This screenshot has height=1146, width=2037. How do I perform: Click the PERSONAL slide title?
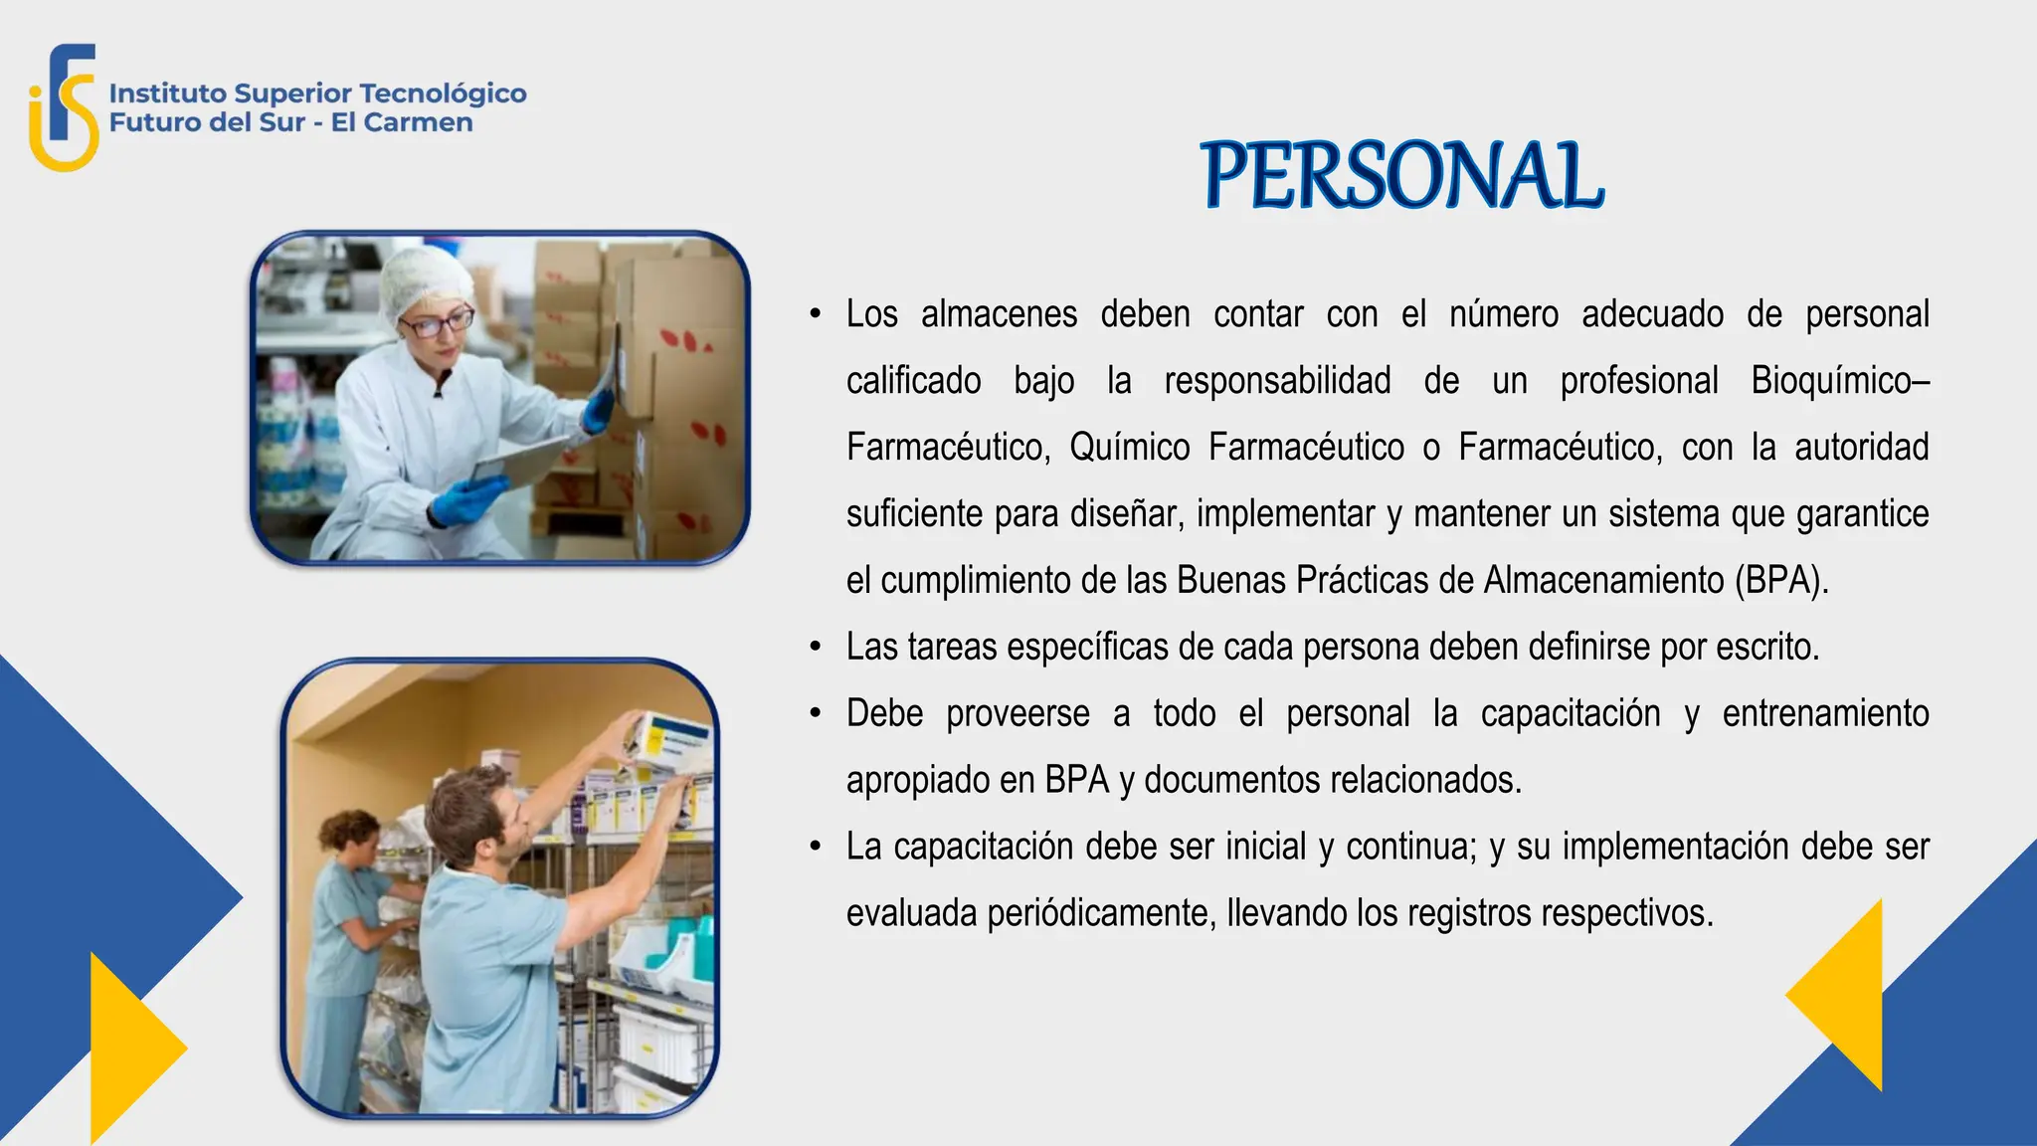[1401, 175]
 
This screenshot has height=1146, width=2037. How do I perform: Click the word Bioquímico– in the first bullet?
[1839, 381]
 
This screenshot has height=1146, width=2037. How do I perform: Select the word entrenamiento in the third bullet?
[1825, 714]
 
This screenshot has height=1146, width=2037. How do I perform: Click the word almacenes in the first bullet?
[999, 314]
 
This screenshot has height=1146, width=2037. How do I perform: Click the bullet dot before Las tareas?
[816, 648]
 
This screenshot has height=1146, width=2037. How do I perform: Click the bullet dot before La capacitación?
[816, 847]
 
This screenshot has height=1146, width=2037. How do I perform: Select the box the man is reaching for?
[671, 741]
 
